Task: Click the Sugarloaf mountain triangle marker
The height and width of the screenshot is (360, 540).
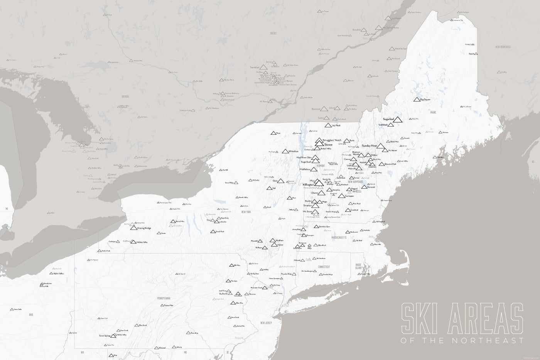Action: tap(398, 120)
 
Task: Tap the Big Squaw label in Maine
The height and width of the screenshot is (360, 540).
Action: tap(425, 100)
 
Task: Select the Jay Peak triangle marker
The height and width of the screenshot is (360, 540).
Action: tap(328, 125)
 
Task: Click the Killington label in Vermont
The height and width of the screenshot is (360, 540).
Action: tap(309, 185)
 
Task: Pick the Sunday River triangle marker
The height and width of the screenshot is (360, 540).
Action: tap(381, 146)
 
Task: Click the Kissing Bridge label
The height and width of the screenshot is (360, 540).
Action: tap(144, 228)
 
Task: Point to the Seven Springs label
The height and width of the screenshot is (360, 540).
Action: tap(105, 336)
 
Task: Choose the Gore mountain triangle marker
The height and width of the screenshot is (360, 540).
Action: tap(281, 181)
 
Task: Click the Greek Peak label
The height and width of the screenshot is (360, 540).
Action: tap(220, 232)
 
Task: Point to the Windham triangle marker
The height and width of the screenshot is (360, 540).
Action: tap(273, 240)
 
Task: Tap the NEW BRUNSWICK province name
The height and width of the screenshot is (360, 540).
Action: tap(503, 47)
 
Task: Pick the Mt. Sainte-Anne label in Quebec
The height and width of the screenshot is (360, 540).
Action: tap(390, 27)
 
